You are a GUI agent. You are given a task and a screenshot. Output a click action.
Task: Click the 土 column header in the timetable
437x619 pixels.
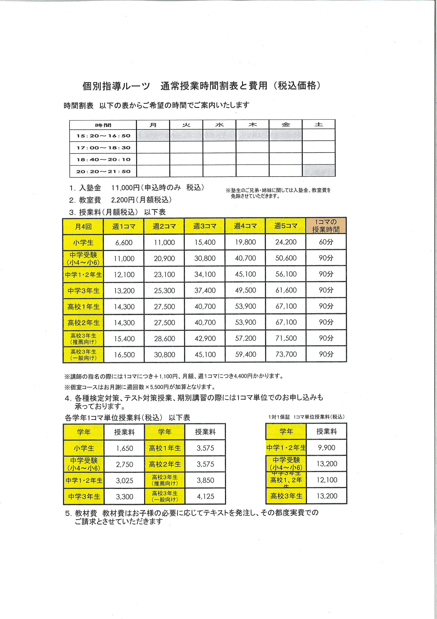tap(319, 124)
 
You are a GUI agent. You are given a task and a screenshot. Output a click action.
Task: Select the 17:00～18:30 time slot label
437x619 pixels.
tap(103, 148)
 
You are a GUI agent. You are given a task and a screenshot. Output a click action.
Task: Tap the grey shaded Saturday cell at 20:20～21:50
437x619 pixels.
tap(319, 171)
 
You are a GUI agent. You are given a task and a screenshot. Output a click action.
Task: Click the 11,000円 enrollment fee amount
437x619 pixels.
tap(125, 188)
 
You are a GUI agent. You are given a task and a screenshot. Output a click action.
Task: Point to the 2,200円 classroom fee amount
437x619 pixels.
tap(123, 200)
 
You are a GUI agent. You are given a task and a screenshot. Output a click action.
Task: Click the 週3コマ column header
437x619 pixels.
tap(205, 226)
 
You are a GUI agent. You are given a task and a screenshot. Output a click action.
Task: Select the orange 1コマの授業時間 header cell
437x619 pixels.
tap(326, 226)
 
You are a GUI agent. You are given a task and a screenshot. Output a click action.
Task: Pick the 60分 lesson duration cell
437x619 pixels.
tap(326, 242)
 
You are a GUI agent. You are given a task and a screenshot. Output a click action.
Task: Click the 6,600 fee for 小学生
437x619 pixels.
tap(124, 242)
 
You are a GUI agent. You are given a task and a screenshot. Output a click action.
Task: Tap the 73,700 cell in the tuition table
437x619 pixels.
tap(286, 354)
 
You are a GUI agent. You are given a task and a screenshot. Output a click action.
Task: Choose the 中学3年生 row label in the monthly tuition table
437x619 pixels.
tap(84, 291)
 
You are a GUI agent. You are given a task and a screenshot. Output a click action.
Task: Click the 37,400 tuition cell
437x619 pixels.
tap(205, 290)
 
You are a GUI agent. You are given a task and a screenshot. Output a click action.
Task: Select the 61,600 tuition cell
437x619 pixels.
tap(286, 290)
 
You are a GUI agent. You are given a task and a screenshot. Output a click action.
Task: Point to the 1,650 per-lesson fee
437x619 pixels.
tap(125, 448)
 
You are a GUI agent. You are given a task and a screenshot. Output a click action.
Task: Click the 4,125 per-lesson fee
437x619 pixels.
tap(205, 496)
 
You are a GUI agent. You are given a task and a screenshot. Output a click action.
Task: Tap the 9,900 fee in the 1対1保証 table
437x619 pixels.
tap(326, 448)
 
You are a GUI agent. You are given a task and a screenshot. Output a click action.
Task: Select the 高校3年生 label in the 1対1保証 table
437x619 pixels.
tap(286, 496)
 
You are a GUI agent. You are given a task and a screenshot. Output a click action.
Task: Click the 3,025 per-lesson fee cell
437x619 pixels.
tap(125, 481)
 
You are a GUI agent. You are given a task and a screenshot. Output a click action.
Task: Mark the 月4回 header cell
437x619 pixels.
tap(83, 226)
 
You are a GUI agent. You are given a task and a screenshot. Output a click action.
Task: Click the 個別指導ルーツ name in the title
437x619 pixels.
tap(116, 86)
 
